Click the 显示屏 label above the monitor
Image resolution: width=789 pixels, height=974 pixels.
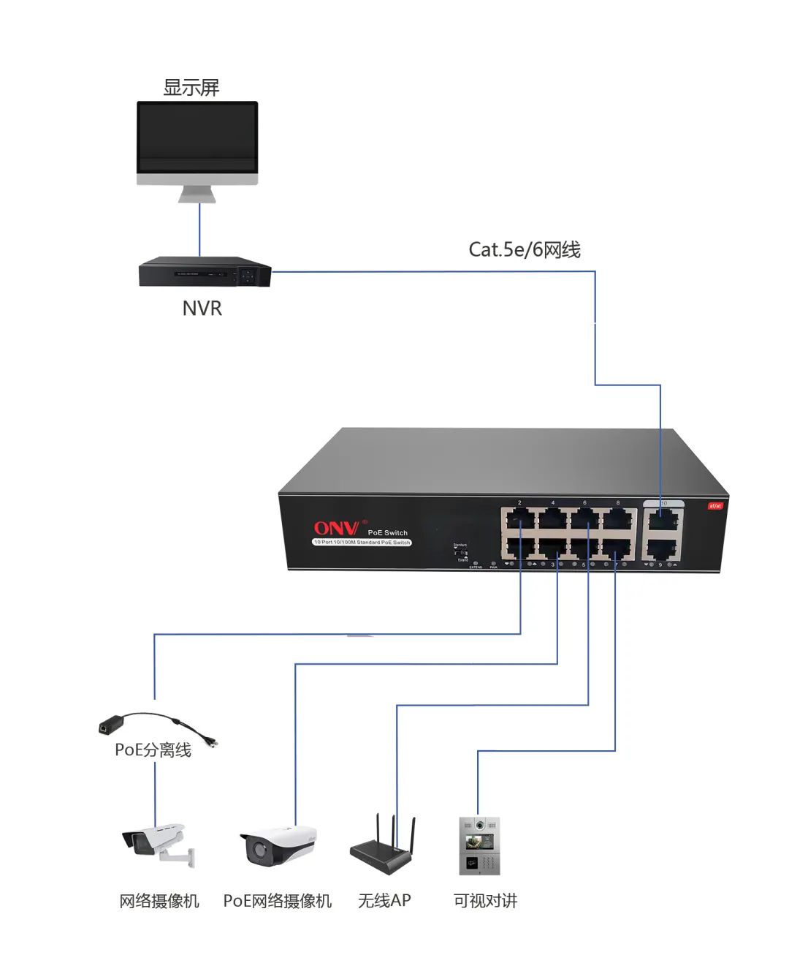[x=191, y=88]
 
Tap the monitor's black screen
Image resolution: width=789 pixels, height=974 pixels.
[x=197, y=136]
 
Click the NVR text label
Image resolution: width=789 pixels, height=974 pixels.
[x=202, y=309]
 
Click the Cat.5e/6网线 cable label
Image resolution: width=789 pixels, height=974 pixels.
[x=524, y=250]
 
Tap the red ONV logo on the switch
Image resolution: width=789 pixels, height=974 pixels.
[x=336, y=528]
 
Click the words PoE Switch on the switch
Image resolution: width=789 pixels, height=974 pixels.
[x=387, y=532]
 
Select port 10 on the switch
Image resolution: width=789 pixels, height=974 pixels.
[x=663, y=521]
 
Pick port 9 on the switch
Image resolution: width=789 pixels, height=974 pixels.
[x=663, y=549]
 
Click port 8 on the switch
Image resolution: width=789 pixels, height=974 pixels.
[x=619, y=520]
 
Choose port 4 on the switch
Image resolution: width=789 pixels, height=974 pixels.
[x=553, y=520]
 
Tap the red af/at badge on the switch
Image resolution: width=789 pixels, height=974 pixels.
[x=714, y=505]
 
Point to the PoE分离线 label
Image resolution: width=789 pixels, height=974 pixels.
[x=153, y=750]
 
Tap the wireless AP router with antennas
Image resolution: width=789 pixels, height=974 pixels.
[x=384, y=848]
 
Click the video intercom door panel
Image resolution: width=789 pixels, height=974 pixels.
[x=479, y=846]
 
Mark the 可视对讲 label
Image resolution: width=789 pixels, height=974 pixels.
[x=485, y=901]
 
